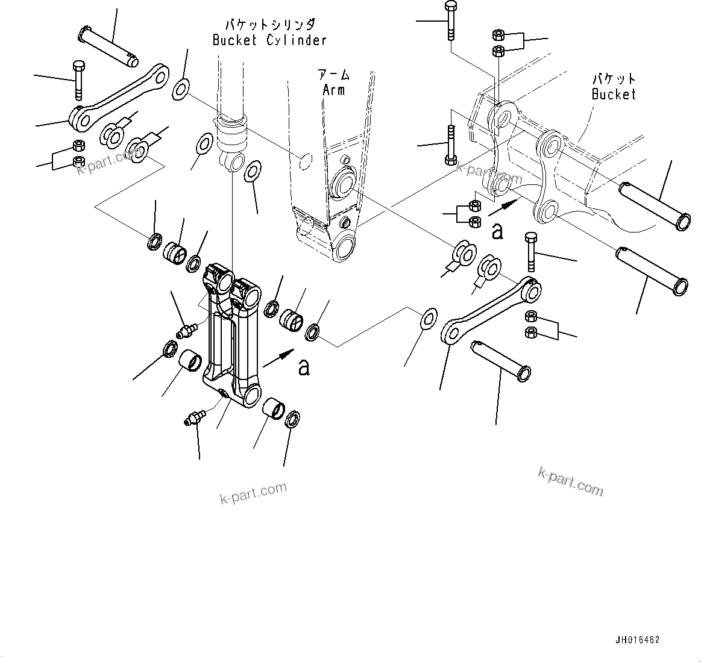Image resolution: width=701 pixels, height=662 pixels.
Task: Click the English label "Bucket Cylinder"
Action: pos(269,40)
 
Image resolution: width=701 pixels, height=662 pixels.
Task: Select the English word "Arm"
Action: pos(333,90)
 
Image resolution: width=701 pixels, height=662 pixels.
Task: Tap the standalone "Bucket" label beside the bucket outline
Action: pos(614,94)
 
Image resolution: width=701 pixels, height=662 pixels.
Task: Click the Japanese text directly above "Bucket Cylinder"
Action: pos(269,25)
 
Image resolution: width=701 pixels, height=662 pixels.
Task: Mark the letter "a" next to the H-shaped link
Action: pos(304,367)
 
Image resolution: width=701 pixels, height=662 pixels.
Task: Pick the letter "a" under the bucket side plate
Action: pos(497,231)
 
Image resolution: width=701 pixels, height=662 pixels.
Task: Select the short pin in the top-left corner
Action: pos(108,45)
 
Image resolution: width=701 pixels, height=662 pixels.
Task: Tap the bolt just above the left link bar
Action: pos(78,78)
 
